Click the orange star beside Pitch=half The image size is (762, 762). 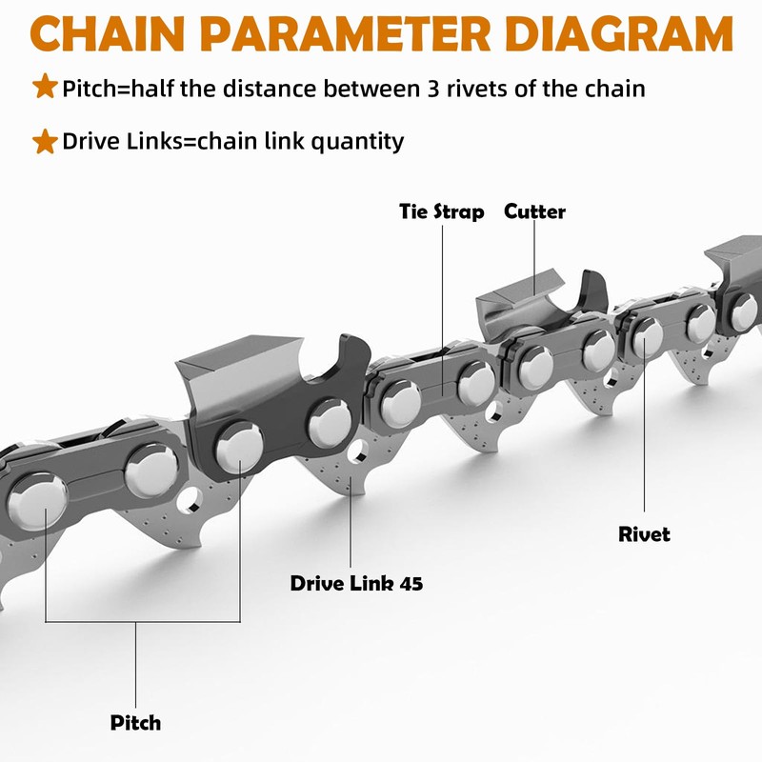click(45, 88)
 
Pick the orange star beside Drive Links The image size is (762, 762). click(45, 142)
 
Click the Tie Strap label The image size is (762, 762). click(441, 211)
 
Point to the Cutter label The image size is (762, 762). click(534, 211)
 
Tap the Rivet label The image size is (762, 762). click(644, 534)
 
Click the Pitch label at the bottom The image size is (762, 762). click(135, 722)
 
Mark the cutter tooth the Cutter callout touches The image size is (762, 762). click(534, 286)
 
